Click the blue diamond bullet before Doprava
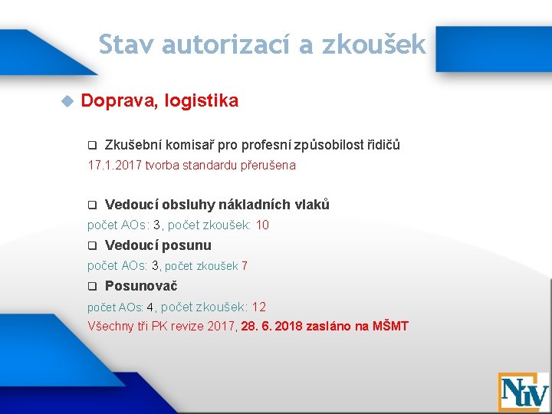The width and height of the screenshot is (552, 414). [x=67, y=100]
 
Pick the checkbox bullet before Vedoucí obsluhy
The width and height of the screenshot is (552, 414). [x=91, y=205]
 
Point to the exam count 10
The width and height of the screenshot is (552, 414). [x=262, y=225]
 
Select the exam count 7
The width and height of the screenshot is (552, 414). [x=245, y=266]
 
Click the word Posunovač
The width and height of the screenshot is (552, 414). [x=141, y=286]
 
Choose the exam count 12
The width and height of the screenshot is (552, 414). [x=259, y=307]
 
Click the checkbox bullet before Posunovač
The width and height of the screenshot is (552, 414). [x=91, y=287]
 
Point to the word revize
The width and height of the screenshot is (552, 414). [x=191, y=327]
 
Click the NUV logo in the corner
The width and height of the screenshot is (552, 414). [x=523, y=391]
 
